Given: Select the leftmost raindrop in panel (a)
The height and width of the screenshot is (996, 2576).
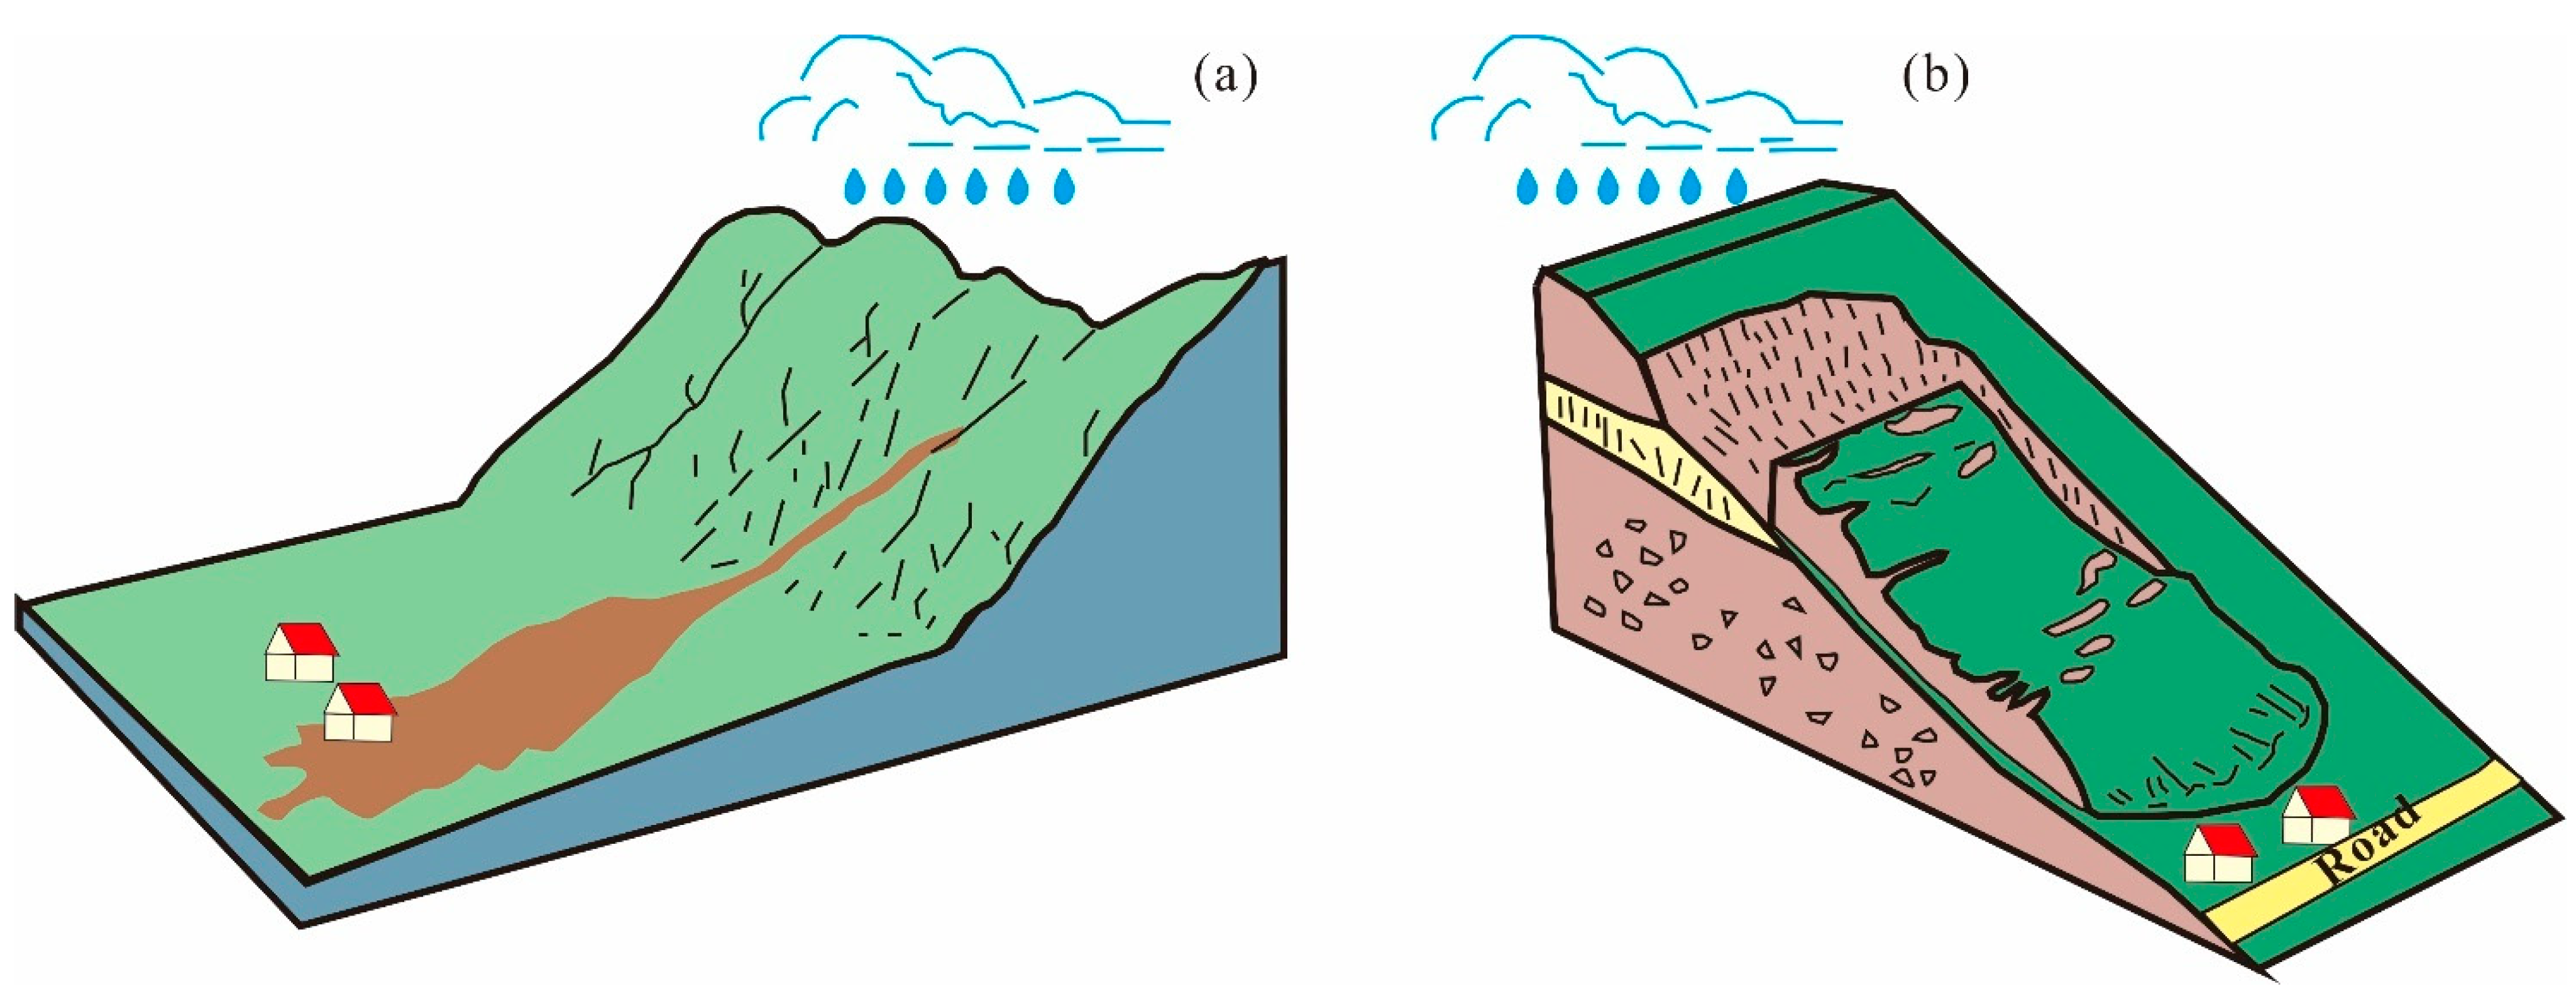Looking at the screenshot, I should point(855,187).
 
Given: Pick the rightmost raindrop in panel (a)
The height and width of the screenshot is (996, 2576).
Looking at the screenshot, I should point(1064,187).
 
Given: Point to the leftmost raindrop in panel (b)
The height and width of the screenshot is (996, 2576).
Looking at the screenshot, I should point(1527,187).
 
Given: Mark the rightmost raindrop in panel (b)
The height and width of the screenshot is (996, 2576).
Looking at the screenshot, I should point(1737,187).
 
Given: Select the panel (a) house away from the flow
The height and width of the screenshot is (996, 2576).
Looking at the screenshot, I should point(300,653).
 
